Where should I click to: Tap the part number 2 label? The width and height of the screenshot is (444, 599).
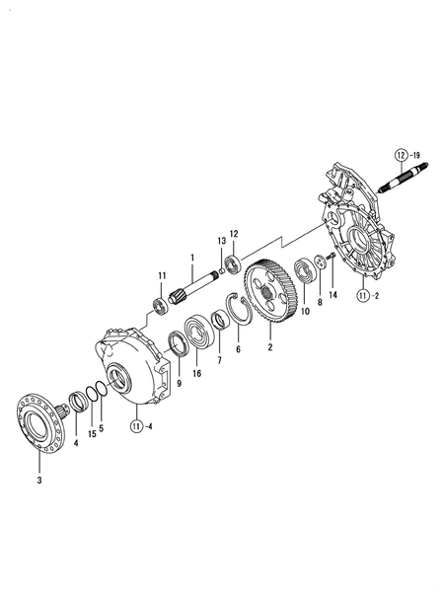tap(269, 347)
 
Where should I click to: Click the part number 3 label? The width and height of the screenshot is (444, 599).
tap(39, 481)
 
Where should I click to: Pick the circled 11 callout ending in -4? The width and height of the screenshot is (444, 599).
tap(137, 426)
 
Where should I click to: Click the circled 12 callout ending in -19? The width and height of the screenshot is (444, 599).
tap(402, 156)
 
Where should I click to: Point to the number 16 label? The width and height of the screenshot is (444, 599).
tap(197, 374)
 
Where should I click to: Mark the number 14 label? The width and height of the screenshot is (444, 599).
tap(333, 295)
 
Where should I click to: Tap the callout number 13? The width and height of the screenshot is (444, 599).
tap(222, 241)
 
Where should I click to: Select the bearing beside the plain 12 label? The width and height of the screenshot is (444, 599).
tap(233, 263)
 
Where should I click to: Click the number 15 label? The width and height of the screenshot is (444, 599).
tap(91, 433)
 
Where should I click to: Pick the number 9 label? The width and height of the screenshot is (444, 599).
tap(179, 383)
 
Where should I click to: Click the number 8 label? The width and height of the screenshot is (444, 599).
tap(320, 304)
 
